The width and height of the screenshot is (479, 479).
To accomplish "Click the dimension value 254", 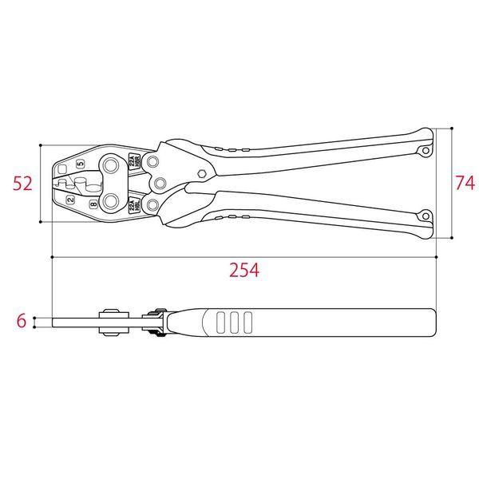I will point(244,270).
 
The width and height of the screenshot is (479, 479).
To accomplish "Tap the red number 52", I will point(22,184).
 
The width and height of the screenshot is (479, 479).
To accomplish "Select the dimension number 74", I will point(464,183).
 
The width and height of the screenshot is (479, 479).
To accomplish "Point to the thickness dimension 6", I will point(22,322).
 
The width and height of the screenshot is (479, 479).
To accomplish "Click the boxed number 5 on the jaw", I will point(80,164).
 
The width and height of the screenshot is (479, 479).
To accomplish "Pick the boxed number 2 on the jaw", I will point(70,199).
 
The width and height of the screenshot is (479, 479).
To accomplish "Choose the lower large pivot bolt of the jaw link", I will point(110,200).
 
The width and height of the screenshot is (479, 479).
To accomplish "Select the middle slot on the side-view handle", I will point(233,323).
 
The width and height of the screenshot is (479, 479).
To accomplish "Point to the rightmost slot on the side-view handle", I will point(247,323).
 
